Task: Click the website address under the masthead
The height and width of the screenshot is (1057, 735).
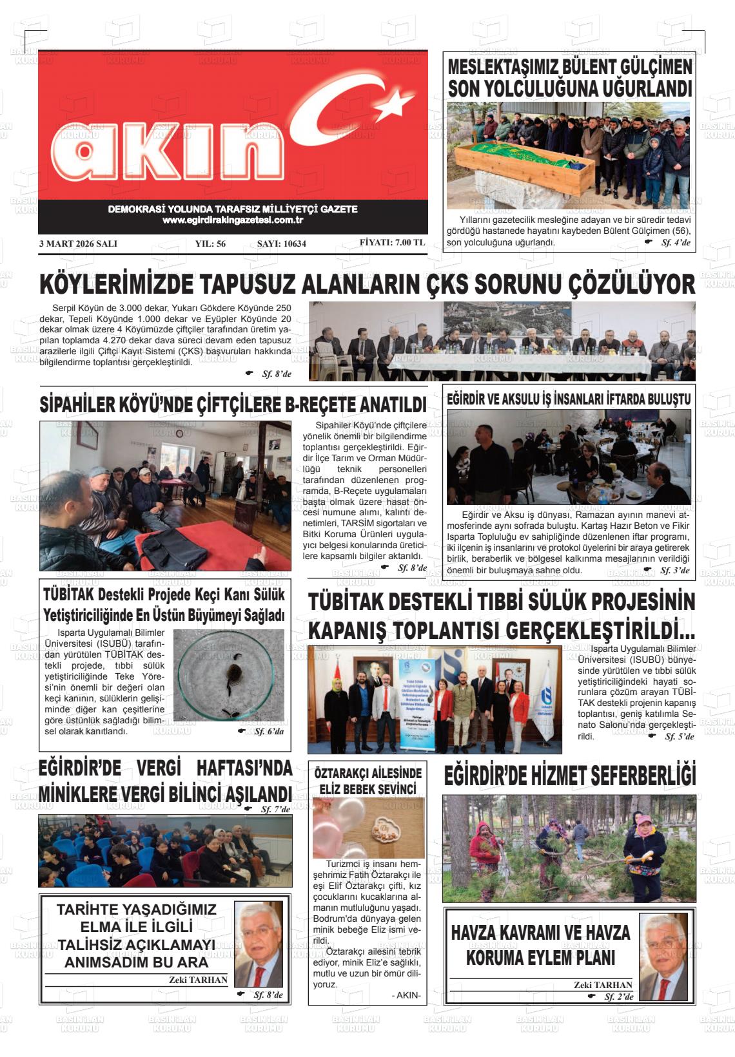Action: [x=233, y=220]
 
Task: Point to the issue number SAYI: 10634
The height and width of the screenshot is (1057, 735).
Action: [x=281, y=244]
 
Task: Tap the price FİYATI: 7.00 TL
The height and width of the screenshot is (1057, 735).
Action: [x=392, y=243]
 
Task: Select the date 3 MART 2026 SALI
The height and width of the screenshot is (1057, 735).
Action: [x=78, y=244]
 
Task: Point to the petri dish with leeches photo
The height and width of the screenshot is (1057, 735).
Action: [x=229, y=674]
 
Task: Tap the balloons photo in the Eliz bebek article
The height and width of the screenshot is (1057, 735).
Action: [x=368, y=827]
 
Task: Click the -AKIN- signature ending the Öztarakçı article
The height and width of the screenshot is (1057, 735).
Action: [x=406, y=996]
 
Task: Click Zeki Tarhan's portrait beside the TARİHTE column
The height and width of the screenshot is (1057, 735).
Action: [x=258, y=944]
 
